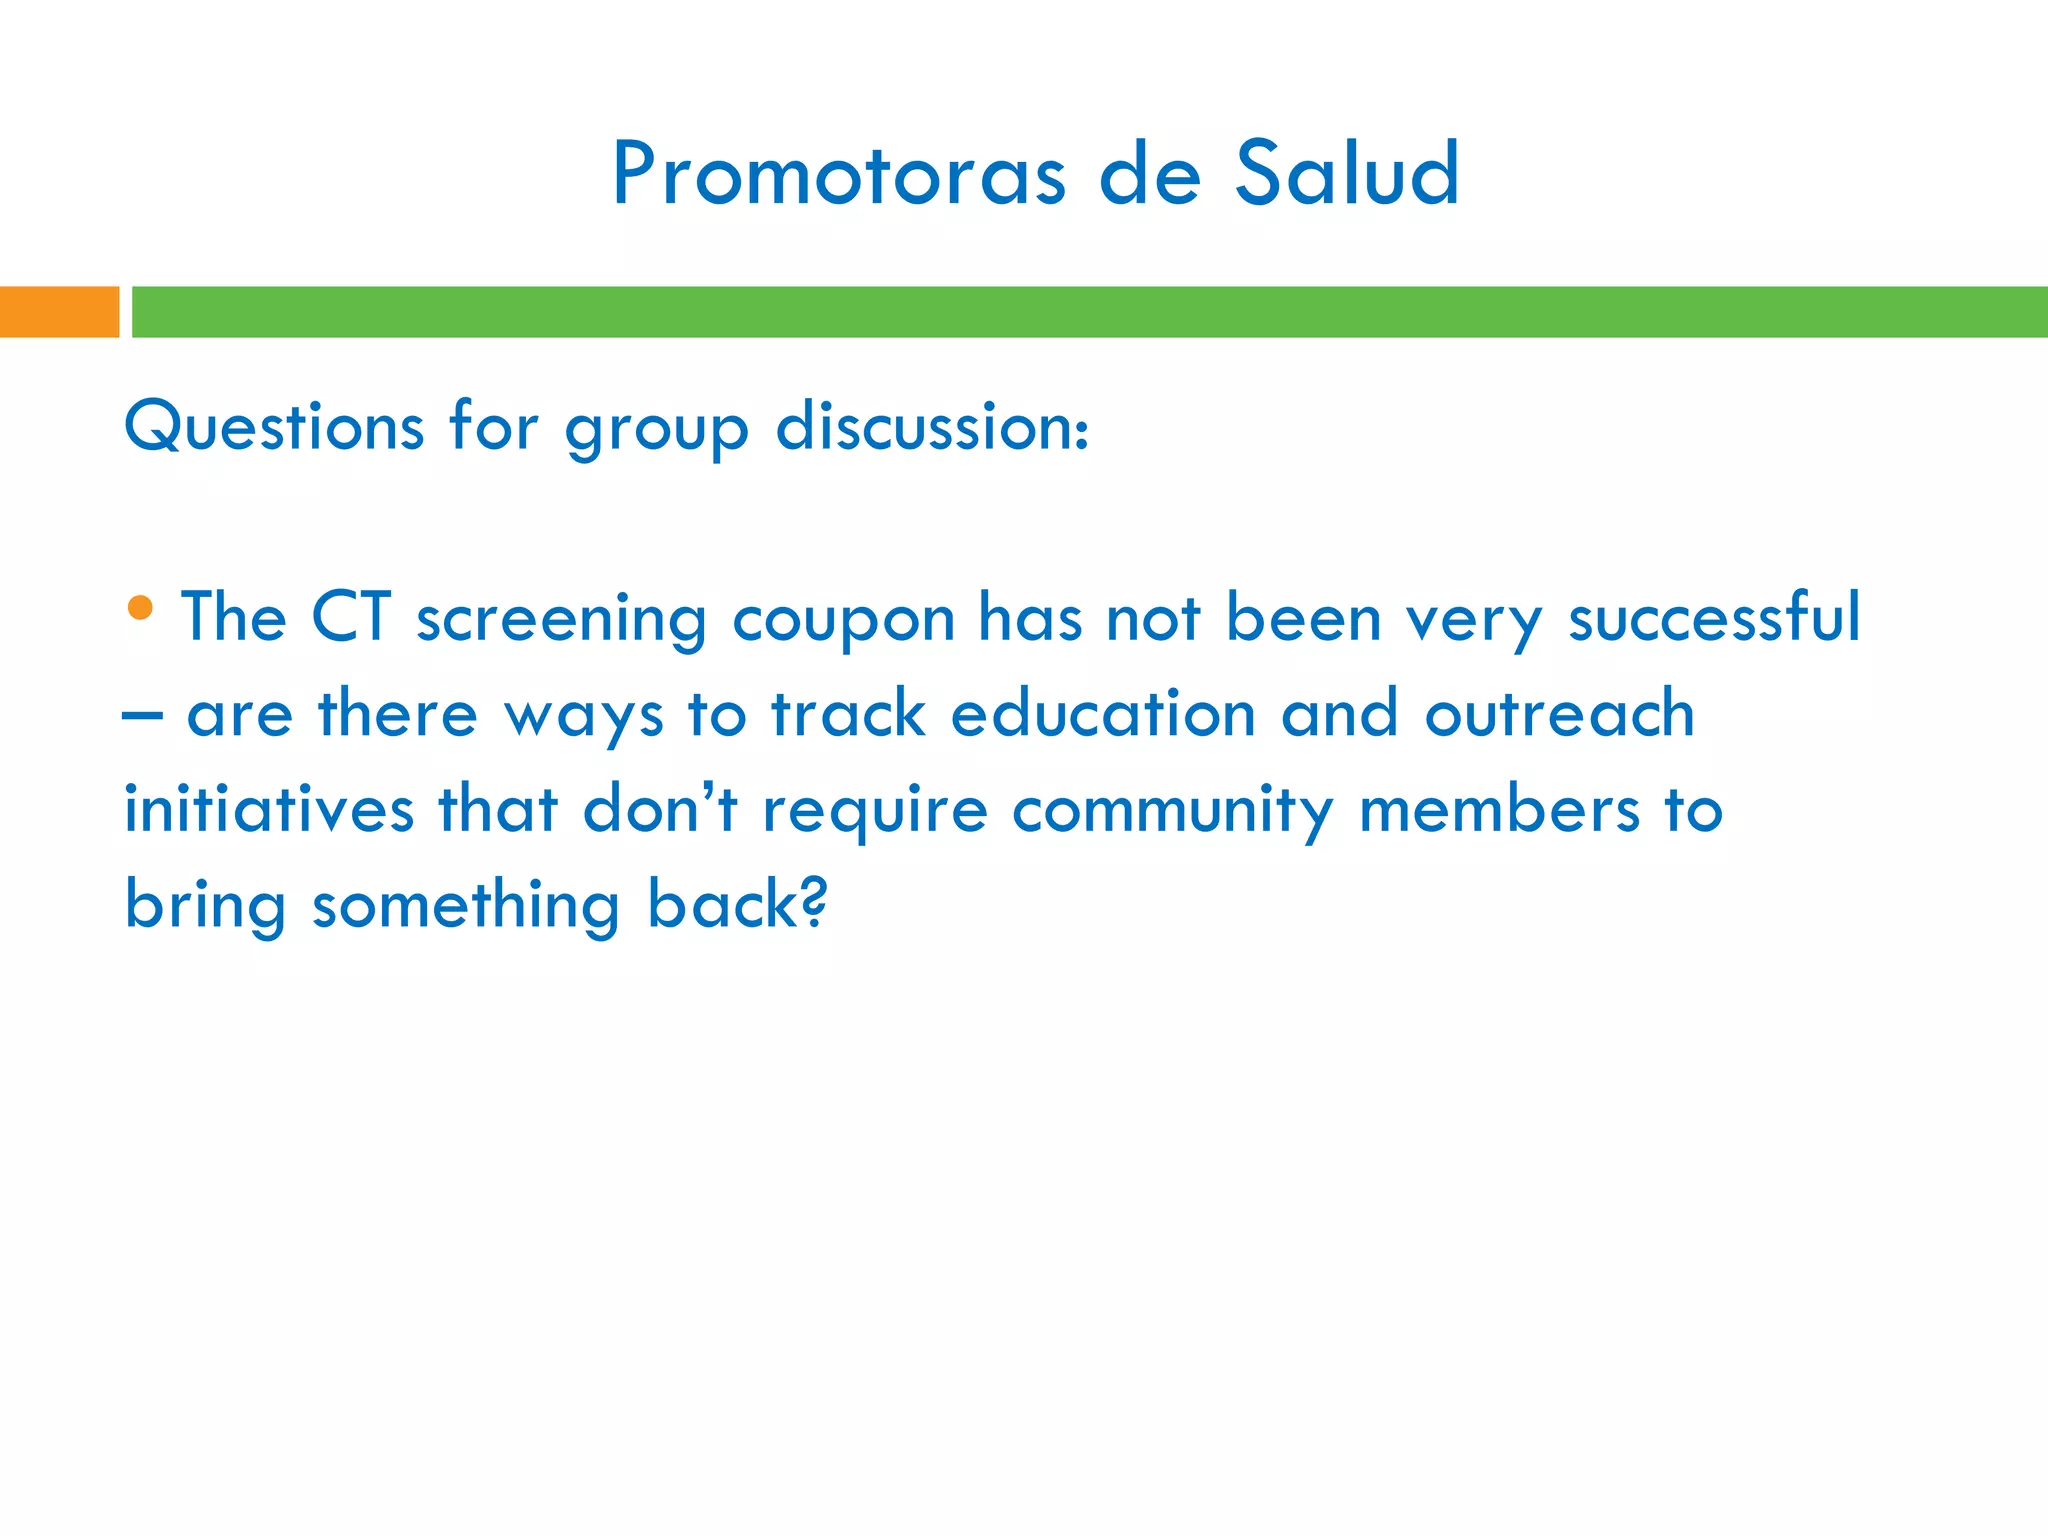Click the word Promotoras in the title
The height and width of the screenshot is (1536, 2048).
[838, 175]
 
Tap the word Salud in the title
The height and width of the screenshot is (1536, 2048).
[1346, 175]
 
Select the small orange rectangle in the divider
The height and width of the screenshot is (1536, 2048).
[59, 312]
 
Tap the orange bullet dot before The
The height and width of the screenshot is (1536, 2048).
[141, 607]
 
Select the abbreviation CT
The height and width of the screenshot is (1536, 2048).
[350, 617]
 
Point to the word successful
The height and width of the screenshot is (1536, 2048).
[1714, 617]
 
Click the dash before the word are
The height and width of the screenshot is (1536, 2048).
[142, 716]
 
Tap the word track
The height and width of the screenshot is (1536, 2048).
[848, 714]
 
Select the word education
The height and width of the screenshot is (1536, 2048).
[1102, 714]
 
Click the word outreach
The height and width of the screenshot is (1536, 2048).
[1559, 714]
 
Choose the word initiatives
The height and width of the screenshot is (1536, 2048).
[268, 809]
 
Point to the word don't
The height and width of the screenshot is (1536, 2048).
[660, 809]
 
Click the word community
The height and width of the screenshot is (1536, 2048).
[1172, 811]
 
